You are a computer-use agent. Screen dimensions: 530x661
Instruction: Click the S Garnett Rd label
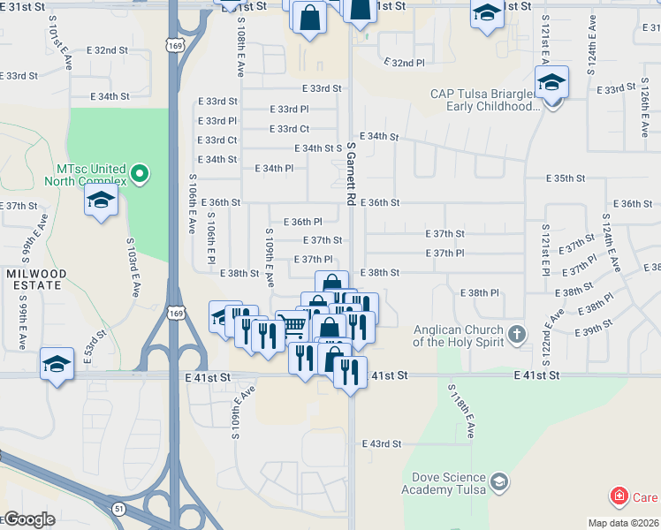tap(351, 175)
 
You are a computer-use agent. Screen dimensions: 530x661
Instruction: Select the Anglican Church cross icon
tap(517, 336)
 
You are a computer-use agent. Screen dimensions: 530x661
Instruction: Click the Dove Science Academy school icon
tap(499, 481)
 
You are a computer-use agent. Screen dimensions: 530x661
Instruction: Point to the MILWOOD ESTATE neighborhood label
tap(34, 279)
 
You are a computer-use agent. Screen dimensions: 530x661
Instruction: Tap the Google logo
tap(28, 519)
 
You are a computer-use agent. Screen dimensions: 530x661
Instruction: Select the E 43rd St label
tap(382, 443)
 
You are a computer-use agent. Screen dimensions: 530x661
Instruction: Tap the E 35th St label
tap(566, 178)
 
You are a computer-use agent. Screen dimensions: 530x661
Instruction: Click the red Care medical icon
tap(620, 496)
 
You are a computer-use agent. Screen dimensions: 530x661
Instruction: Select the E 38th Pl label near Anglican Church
tap(480, 292)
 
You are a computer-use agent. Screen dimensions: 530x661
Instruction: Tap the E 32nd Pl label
tap(404, 64)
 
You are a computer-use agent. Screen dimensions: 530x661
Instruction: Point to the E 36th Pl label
tap(302, 222)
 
